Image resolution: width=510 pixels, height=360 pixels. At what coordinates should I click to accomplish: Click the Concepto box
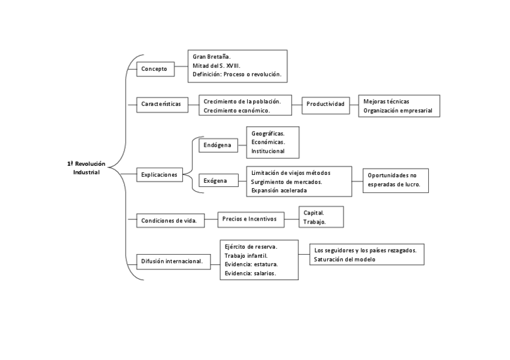[155, 69]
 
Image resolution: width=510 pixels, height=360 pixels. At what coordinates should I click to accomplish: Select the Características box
[161, 104]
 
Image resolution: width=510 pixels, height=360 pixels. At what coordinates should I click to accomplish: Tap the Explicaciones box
[159, 175]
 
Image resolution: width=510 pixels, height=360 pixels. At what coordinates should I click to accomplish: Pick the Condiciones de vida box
[170, 221]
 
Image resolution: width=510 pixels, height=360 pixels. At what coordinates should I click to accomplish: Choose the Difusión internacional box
[172, 261]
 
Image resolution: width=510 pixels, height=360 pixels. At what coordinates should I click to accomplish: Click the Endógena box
[217, 145]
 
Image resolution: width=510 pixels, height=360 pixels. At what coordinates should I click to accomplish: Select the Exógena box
[215, 180]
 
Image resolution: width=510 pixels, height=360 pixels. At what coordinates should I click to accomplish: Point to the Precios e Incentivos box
[249, 219]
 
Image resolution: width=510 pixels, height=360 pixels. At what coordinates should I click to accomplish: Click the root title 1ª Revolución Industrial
[86, 168]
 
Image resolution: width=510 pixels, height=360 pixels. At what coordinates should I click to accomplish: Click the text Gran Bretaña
[207, 56]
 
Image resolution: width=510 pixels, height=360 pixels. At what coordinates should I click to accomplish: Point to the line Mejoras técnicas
[386, 102]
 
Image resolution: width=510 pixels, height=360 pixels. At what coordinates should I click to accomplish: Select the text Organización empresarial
[399, 111]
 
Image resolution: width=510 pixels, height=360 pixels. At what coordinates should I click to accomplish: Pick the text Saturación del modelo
[345, 260]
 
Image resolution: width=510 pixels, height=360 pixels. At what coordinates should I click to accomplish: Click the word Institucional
[268, 151]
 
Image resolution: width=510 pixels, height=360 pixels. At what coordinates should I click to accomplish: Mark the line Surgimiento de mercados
[286, 182]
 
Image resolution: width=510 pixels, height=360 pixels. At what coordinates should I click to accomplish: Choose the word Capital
[314, 213]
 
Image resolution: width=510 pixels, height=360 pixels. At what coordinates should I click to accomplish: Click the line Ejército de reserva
[251, 246]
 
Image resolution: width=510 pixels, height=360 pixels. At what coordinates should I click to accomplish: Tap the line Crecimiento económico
[237, 111]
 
